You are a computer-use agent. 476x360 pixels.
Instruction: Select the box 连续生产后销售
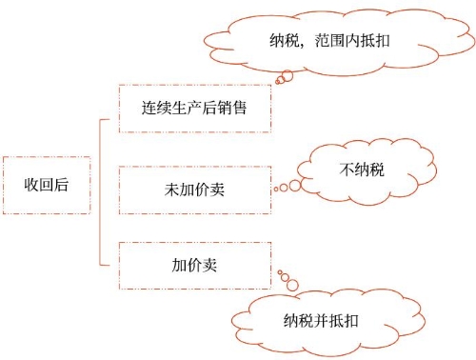194,108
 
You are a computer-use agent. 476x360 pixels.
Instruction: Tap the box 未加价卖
194,188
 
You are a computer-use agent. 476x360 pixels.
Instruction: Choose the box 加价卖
194,266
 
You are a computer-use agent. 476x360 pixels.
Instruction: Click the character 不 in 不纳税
347,170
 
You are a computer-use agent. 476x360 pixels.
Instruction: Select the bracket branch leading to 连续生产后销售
109,120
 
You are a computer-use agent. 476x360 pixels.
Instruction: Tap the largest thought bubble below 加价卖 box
293,285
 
